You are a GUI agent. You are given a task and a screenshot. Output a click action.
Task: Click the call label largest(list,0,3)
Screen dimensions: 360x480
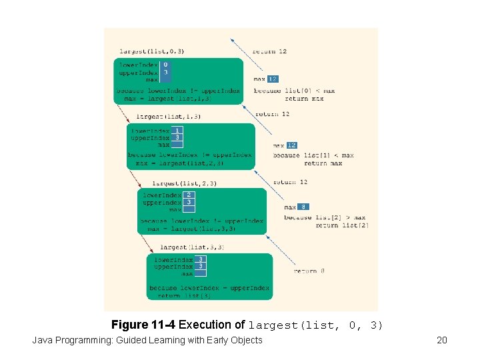[x=151, y=51]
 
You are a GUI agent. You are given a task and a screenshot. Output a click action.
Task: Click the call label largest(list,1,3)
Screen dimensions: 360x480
[x=168, y=116]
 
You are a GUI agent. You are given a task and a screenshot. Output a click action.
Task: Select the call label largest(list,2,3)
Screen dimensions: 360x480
[x=184, y=183]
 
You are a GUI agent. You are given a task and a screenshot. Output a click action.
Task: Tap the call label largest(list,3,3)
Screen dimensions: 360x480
[x=192, y=247]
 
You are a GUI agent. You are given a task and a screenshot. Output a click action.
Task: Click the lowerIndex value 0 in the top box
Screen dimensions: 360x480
[x=165, y=65]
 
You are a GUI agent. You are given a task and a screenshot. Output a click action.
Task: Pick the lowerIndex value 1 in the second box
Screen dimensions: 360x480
[x=177, y=131]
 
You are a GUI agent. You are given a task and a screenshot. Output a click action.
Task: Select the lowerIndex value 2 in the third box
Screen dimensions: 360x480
[x=189, y=195]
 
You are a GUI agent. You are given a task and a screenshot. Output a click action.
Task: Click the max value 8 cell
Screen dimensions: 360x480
[x=303, y=207]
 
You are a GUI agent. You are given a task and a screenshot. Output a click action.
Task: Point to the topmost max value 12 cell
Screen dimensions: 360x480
[x=273, y=79]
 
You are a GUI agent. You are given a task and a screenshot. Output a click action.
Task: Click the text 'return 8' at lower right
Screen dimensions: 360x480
[x=309, y=271]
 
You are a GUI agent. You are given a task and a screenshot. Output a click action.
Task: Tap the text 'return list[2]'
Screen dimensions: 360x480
[x=341, y=225]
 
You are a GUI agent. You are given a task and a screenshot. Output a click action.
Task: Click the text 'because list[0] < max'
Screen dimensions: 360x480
[x=294, y=91]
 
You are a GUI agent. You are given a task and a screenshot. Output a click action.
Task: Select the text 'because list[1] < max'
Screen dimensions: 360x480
[x=313, y=155]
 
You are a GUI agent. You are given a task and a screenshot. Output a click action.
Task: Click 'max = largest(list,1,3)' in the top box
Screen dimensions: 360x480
[x=167, y=98]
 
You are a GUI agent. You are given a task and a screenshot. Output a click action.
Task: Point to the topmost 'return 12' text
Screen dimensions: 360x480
[x=269, y=51]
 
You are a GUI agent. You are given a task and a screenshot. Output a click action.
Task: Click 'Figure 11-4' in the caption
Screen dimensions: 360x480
[x=143, y=325]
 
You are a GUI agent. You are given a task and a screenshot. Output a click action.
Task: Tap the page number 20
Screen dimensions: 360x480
[x=441, y=341]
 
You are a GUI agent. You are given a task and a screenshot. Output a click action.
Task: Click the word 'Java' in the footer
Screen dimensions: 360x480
[x=43, y=341]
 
